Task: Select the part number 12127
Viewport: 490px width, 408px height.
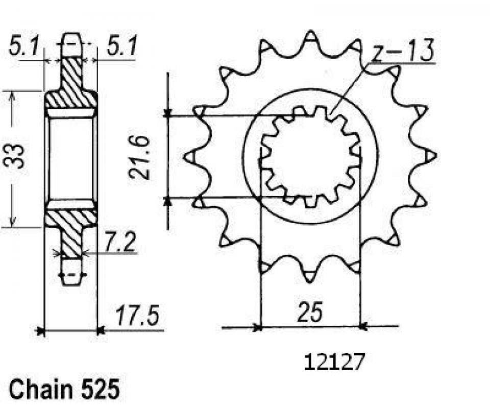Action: [335, 363]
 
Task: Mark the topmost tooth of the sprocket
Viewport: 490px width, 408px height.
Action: [310, 37]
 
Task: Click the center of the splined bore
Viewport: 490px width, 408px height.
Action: [310, 156]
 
